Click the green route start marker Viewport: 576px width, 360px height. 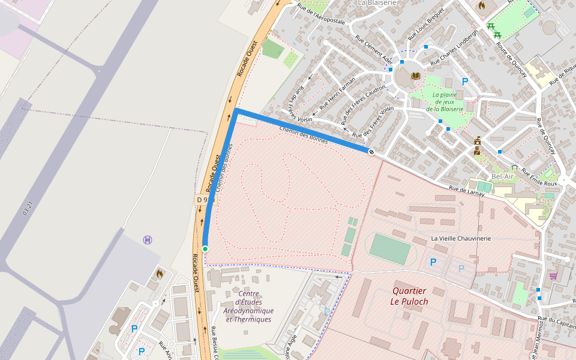click(205, 248)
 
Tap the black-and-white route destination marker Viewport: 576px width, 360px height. click(371, 152)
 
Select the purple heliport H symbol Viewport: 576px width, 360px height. click(148, 240)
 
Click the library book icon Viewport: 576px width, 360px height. click(415, 76)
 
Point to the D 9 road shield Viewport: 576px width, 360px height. click(205, 199)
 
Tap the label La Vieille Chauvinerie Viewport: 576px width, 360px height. click(461, 238)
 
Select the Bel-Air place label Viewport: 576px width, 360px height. click(503, 176)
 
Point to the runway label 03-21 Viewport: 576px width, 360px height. click(27, 208)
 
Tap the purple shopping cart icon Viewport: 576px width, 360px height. click(553, 276)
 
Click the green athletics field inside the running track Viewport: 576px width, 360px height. click(390, 249)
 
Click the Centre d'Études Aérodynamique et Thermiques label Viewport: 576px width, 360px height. click(248, 306)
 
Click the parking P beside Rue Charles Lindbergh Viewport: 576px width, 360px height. click(464, 82)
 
